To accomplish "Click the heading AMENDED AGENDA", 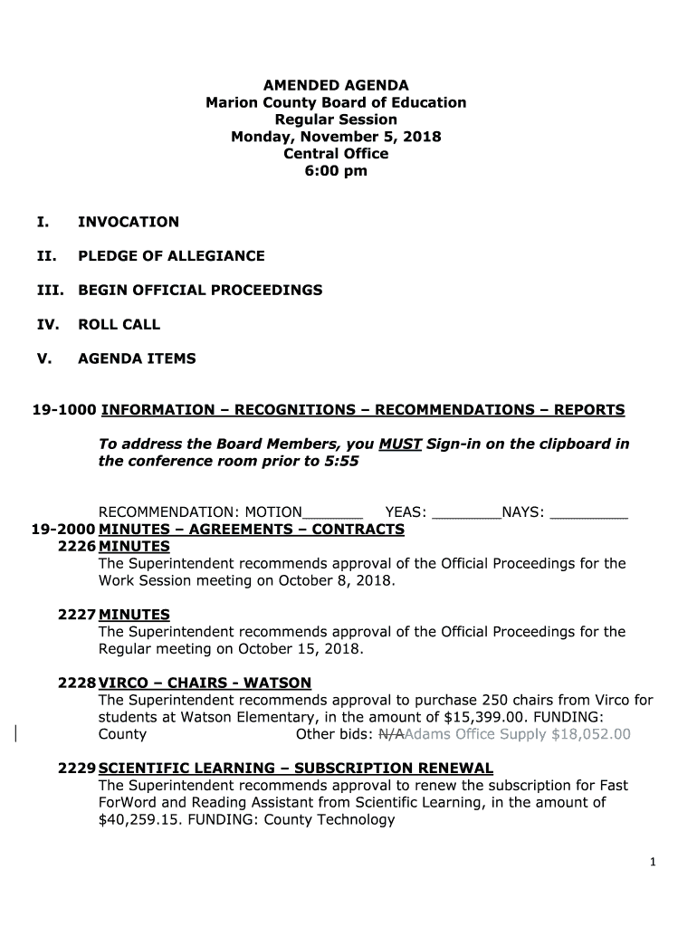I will click(336, 85).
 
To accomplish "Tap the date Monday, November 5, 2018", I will click(336, 137).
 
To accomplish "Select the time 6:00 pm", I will click(336, 171).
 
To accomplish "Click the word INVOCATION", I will click(129, 222).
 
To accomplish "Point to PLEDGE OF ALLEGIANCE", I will click(171, 256).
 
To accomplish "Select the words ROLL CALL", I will click(119, 324).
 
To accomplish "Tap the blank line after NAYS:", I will click(588, 514).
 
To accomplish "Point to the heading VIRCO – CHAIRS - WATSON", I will click(205, 683).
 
